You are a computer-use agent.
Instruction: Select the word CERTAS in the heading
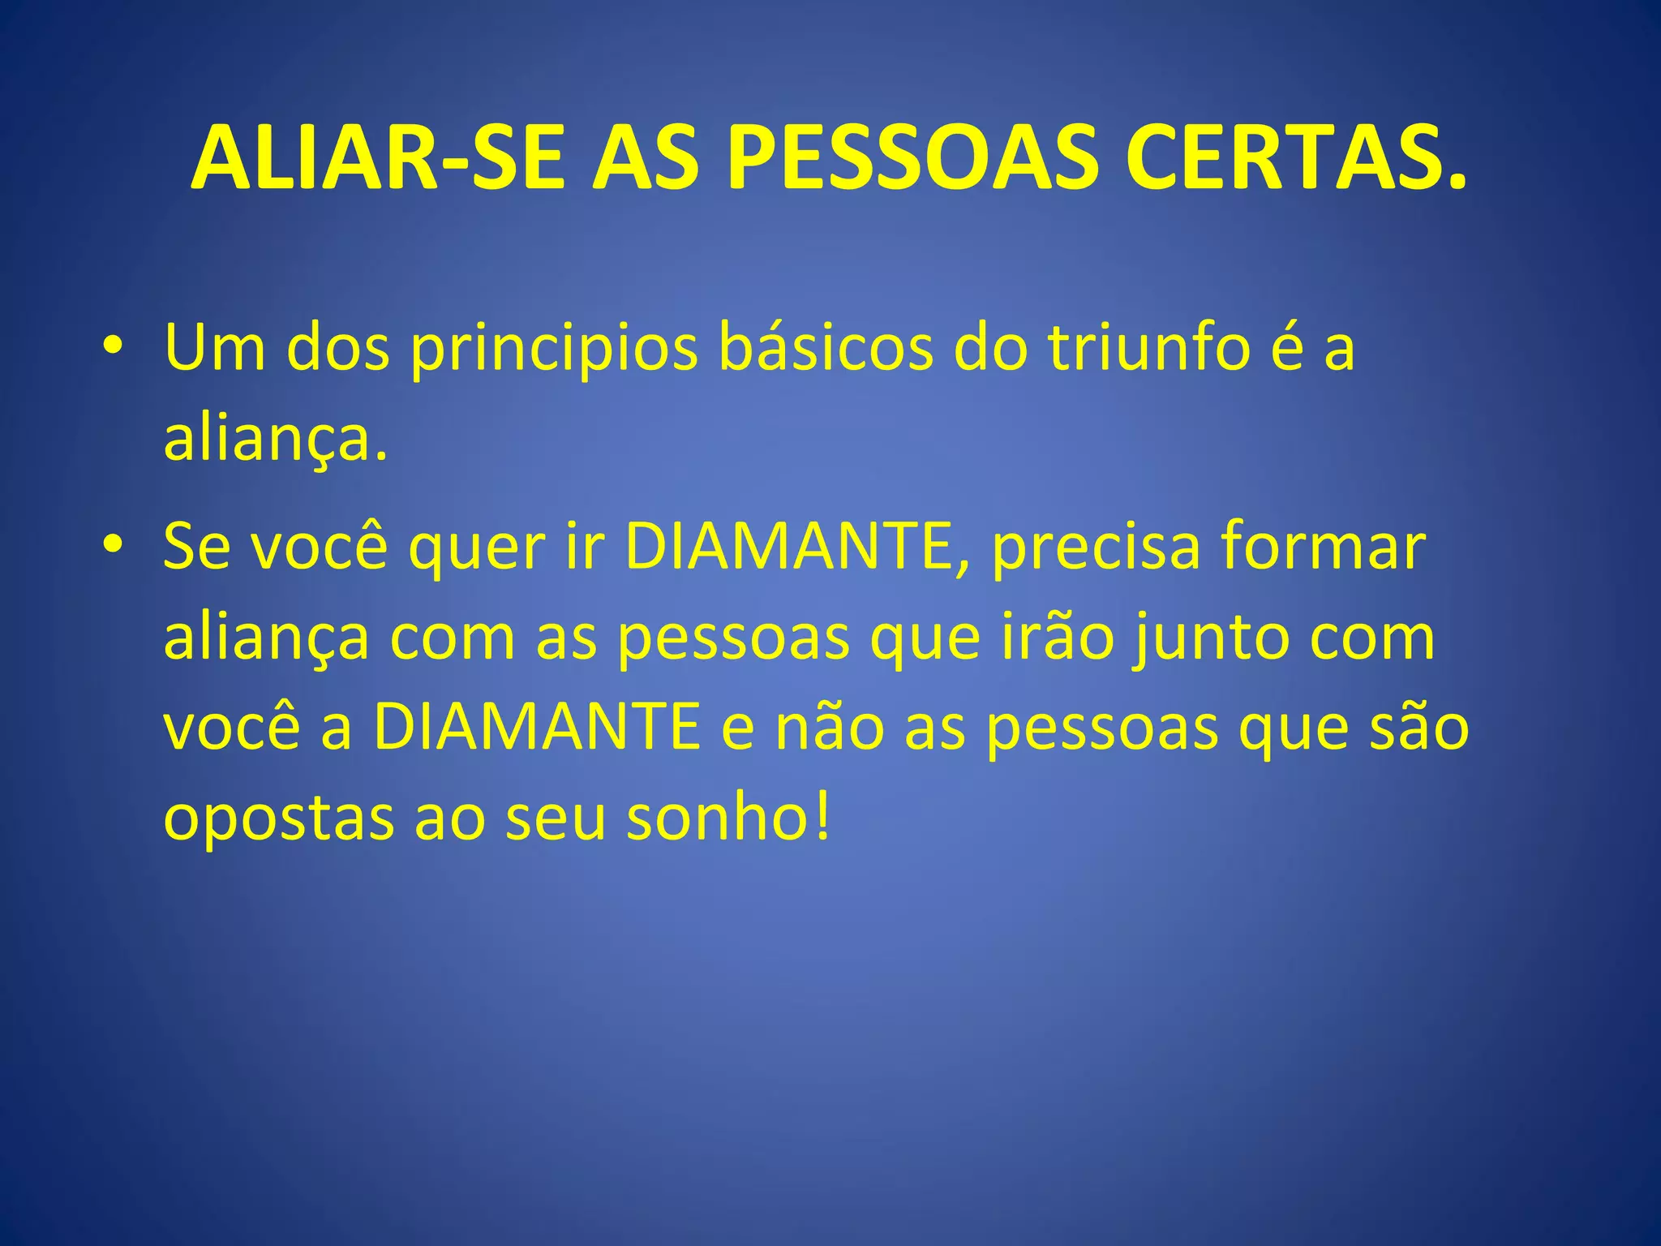[1285, 158]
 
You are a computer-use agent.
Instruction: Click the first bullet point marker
[113, 347]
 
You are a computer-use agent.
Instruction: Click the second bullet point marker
[113, 546]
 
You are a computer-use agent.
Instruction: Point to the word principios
[553, 349]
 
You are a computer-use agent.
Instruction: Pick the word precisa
[1095, 548]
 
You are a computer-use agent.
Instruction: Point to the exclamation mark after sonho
[823, 818]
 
